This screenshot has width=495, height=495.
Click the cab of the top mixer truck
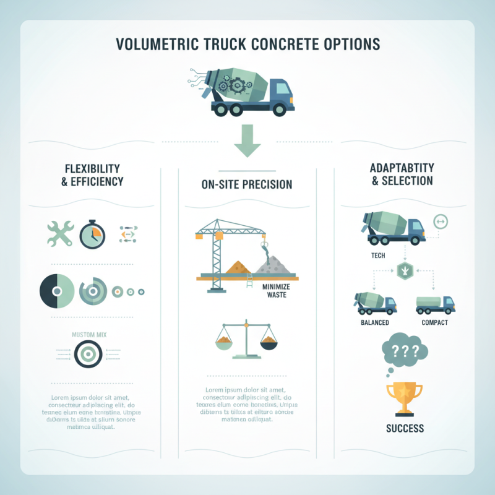pos(282,93)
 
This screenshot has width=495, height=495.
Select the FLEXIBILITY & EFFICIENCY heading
pos(93,175)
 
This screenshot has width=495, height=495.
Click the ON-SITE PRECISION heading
pos(247,184)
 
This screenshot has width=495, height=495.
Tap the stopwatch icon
pos(93,235)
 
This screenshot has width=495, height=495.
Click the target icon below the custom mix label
pos(86,354)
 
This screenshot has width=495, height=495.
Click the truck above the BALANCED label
pos(375,303)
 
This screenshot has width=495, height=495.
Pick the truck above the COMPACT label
pos(435,304)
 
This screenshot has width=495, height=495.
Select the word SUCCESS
pos(403,428)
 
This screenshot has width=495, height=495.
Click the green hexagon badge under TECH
pos(404,270)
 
